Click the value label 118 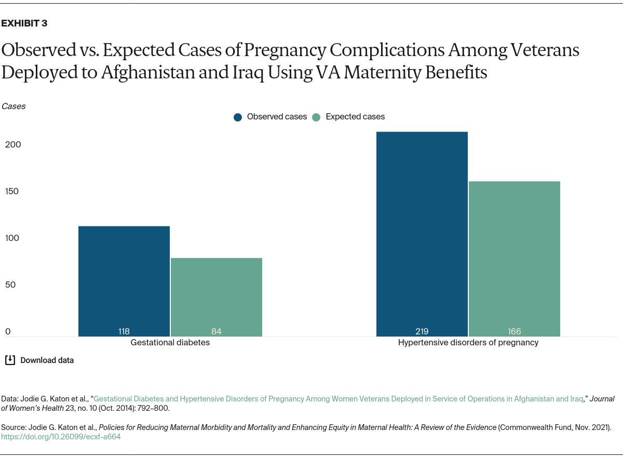(x=124, y=331)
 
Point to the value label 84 (x=216, y=331)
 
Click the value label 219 (x=422, y=331)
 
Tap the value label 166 (x=514, y=331)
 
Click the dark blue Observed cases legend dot (x=238, y=117)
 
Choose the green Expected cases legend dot (x=316, y=117)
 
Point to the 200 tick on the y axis (x=13, y=144)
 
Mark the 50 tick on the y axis (x=11, y=285)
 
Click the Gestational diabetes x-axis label (x=170, y=343)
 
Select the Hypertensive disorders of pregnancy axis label (x=468, y=343)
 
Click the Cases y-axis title (x=13, y=106)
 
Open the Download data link (x=47, y=360)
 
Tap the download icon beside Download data (x=10, y=360)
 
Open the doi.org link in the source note (x=61, y=437)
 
